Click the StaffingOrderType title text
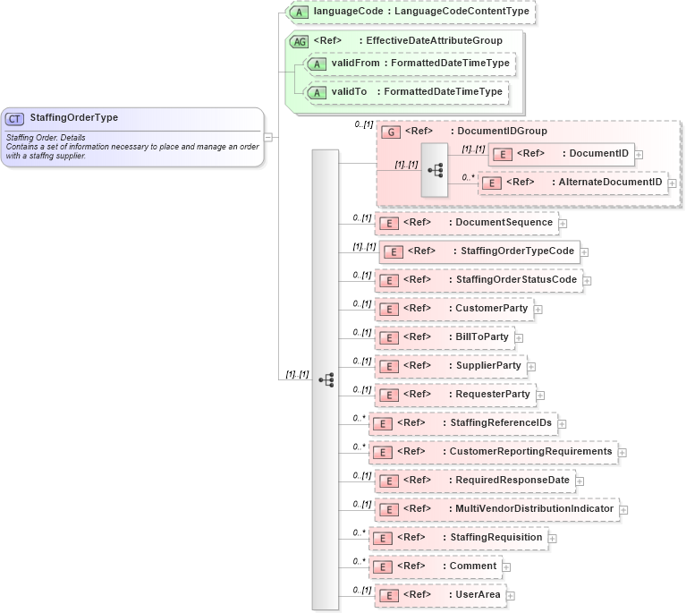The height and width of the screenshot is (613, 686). point(73,117)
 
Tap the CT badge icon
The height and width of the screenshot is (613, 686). point(14,118)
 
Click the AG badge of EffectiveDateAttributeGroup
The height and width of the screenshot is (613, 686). point(298,40)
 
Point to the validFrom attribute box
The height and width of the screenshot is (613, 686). point(411,64)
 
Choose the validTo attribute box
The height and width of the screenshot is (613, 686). point(406,91)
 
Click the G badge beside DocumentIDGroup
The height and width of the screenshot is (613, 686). point(390,131)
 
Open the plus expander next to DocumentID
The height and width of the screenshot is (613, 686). point(639,154)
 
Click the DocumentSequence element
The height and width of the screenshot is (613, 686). point(467,223)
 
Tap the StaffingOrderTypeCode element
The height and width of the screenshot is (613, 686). point(479,251)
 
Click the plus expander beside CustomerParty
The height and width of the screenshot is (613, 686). point(538,310)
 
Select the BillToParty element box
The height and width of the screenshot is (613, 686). point(445,337)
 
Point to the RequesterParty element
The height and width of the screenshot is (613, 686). point(455,395)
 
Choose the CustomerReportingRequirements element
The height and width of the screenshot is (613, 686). point(494,452)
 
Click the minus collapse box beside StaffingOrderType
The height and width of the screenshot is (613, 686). point(269,137)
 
